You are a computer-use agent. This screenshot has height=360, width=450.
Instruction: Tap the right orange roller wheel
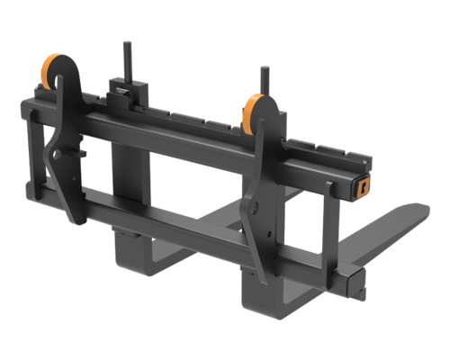(251, 113)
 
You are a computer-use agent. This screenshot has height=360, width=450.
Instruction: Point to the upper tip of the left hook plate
(58, 82)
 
